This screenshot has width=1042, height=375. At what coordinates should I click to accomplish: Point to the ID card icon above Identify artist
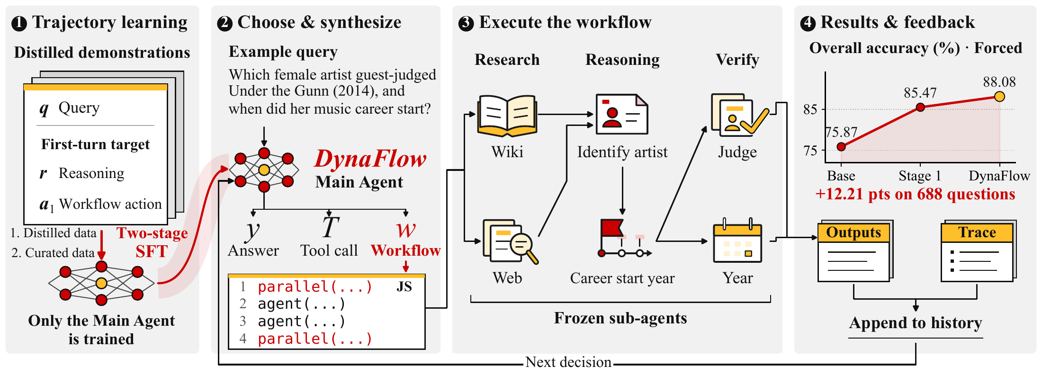(622, 114)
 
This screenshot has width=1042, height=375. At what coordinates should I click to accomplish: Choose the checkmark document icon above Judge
(739, 115)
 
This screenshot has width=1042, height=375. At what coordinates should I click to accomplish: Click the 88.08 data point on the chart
(999, 97)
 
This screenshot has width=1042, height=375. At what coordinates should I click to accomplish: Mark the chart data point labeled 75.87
(841, 147)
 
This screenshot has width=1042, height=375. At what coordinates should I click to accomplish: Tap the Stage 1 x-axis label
(920, 176)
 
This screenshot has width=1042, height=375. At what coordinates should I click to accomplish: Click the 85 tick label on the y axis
(810, 109)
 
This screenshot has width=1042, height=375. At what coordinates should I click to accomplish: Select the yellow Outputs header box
(853, 232)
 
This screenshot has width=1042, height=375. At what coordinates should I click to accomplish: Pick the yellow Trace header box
(977, 232)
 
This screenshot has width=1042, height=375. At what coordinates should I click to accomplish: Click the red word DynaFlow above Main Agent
(370, 159)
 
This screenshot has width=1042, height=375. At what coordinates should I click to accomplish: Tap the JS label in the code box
(404, 287)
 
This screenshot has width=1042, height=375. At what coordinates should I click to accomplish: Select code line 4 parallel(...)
(315, 339)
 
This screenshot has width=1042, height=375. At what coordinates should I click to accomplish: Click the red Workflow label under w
(406, 250)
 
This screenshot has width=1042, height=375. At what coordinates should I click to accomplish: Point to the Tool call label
(329, 250)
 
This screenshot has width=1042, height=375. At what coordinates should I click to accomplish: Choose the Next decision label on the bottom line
(568, 362)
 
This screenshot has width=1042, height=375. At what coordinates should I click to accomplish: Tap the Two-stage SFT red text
(152, 242)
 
